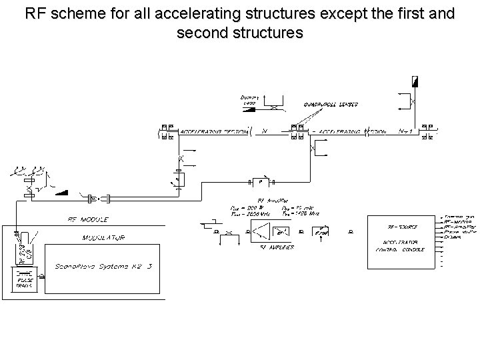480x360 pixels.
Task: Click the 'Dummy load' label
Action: point(249,99)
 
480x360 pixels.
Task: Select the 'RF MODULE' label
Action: point(88,219)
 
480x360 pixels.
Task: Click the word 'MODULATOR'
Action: point(103,237)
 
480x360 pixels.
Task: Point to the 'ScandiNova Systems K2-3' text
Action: point(105,266)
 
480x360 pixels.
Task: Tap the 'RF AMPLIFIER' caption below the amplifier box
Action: point(276,247)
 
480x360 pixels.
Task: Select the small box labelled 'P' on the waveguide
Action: point(261,181)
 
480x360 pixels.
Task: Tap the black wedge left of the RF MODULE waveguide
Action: point(64,193)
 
